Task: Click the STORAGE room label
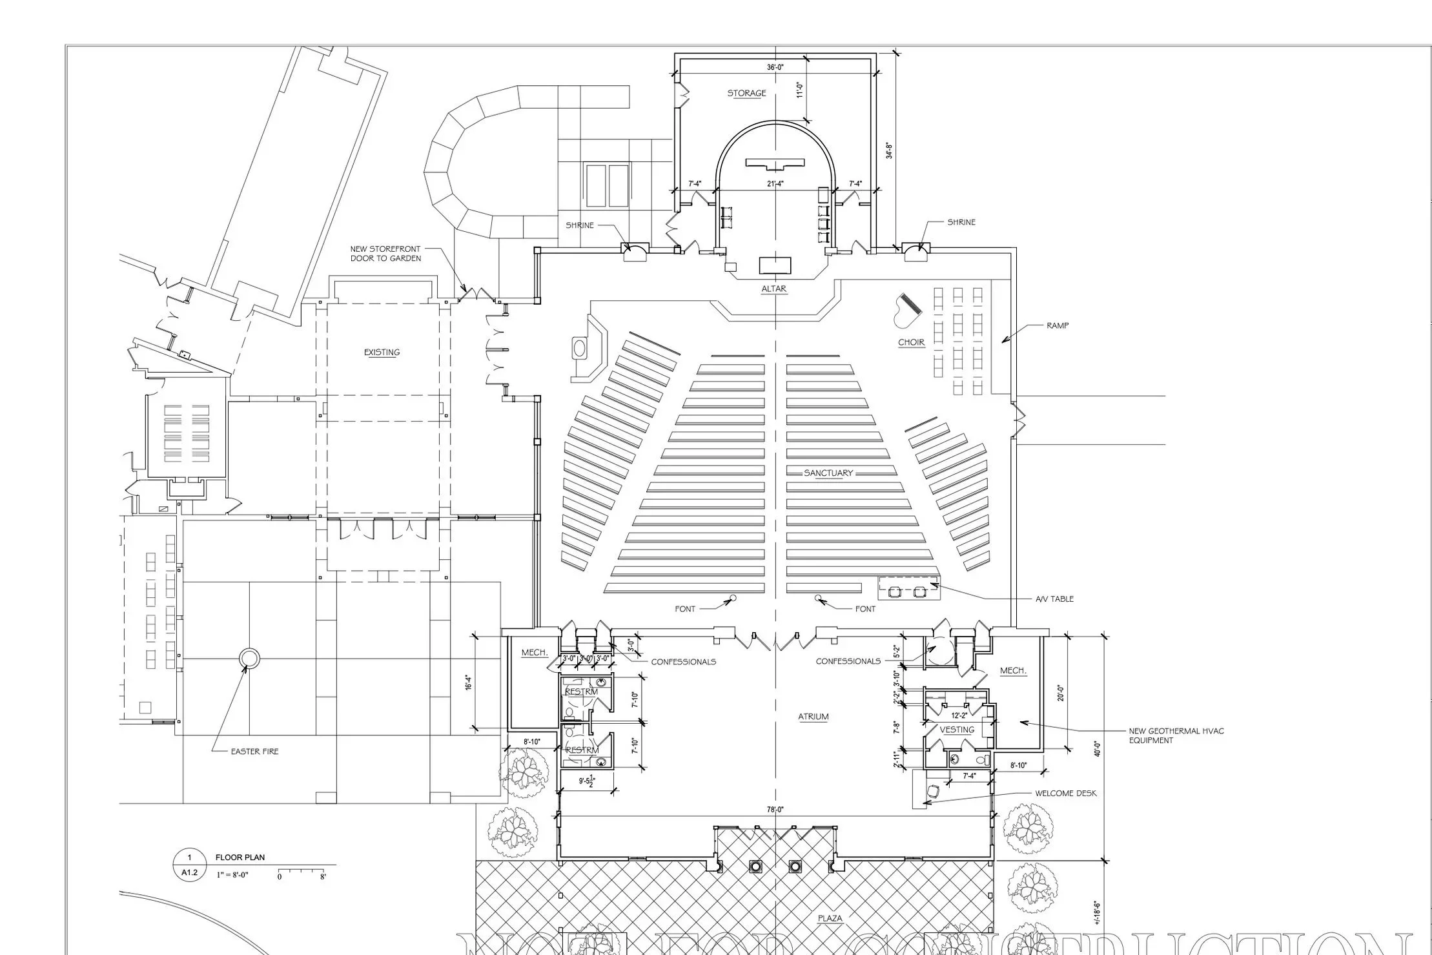coord(746,94)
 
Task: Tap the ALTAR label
coord(773,289)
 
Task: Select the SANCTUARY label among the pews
coord(828,473)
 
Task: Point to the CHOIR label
coord(911,342)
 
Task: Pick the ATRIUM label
coord(813,717)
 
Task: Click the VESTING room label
coord(956,730)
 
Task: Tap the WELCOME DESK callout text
coord(1065,794)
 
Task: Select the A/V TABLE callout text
coord(1054,599)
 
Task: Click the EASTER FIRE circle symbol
coord(249,659)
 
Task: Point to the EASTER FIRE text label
coord(254,752)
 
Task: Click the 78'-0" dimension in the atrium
coord(775,810)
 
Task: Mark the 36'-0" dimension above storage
coord(775,67)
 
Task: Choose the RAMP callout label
coord(1057,326)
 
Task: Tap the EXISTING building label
coord(382,353)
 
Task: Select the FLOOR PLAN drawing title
coord(240,857)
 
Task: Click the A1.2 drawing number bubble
coord(189,872)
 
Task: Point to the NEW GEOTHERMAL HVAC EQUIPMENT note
coord(1176,735)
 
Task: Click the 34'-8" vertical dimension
coord(890,150)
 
